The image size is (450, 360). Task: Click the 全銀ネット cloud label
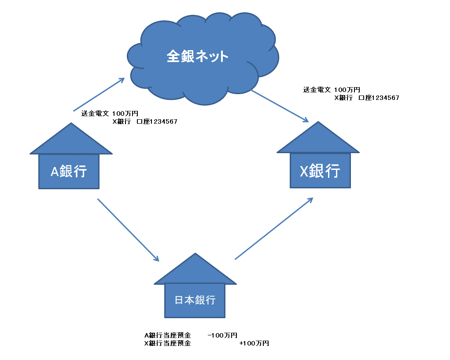(x=198, y=56)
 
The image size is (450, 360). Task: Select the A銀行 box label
(x=69, y=171)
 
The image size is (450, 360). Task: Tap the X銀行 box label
(x=320, y=170)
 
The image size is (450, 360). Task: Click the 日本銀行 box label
(x=195, y=300)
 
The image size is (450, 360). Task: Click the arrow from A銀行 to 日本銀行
(x=128, y=230)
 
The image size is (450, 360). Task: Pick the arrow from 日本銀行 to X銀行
(x=273, y=228)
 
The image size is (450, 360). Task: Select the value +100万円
(x=254, y=343)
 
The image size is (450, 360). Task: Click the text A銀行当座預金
(x=167, y=335)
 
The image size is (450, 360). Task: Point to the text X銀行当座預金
(x=167, y=343)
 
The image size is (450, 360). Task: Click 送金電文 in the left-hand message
(x=95, y=113)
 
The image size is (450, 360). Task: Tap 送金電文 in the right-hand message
(x=317, y=89)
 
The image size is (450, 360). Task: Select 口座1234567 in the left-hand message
(x=157, y=121)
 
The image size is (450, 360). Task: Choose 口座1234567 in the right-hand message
(x=379, y=98)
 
